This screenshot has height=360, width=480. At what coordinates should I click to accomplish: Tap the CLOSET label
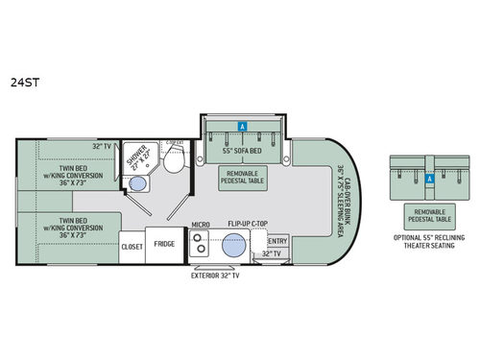[x=132, y=246]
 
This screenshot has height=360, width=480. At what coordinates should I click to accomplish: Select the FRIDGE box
[x=164, y=245]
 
